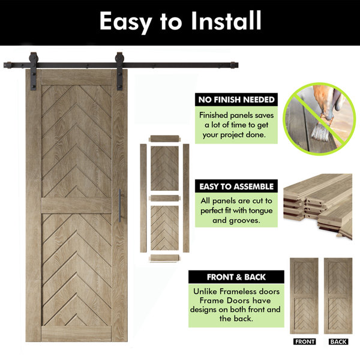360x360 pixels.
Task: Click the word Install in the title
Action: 226,20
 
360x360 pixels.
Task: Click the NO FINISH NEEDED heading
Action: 236,100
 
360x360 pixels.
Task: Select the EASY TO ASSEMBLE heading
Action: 236,187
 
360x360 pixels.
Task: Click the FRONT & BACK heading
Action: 236,277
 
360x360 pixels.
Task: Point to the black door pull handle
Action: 119,205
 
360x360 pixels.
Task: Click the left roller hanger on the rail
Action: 33,71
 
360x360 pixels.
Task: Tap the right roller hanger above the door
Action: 119,71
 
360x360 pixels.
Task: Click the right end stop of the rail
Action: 234,65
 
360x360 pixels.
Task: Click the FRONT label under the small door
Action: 304,341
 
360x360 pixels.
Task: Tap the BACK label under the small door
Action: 338,341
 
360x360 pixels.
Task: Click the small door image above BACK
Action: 338,296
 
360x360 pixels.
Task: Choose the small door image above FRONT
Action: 304,296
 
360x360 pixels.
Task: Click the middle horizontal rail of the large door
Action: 76,205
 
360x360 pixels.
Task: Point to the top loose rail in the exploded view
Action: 164,139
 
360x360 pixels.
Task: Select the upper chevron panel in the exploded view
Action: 164,168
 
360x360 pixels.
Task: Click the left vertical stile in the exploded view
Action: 143,198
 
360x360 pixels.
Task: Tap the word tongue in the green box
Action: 260,211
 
